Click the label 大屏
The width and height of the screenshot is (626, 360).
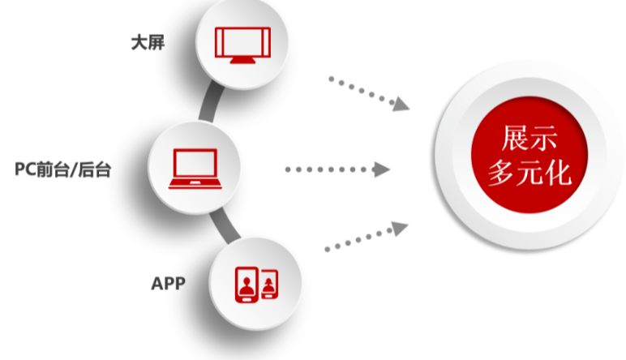point(148,43)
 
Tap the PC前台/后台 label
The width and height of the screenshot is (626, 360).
point(62,169)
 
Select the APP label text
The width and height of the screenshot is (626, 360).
point(168,283)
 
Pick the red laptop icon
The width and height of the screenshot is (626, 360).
point(195,169)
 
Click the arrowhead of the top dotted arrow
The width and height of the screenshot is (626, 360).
point(401,104)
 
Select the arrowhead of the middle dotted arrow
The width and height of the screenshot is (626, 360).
point(383,169)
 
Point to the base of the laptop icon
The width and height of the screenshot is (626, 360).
point(195,184)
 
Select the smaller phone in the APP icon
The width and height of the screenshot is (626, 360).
point(268,285)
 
